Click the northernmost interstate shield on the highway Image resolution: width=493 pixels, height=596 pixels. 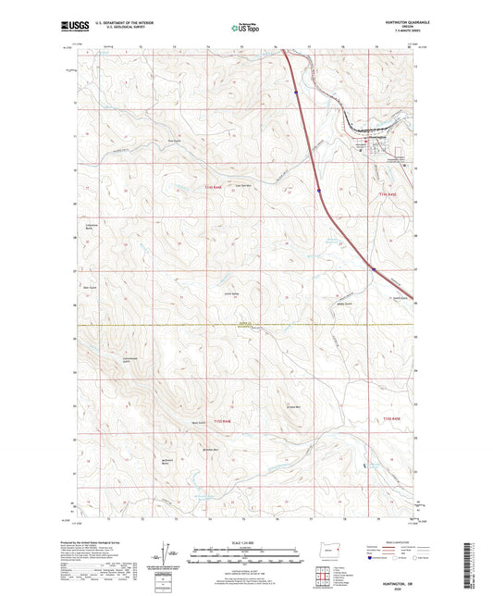coord(295,92)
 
